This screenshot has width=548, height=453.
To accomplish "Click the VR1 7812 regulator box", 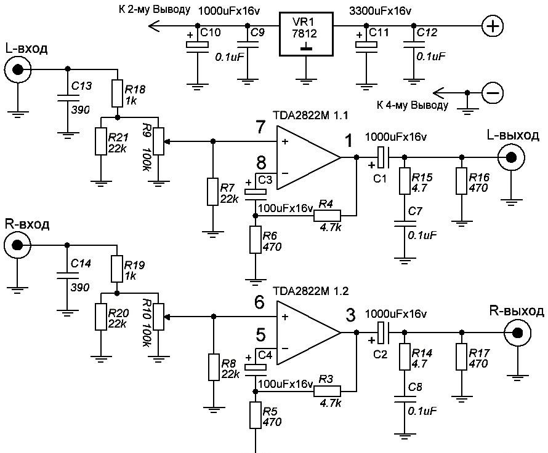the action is (306, 34).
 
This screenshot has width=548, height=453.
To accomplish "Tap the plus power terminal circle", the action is (493, 26).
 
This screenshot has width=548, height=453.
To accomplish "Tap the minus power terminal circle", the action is (493, 93).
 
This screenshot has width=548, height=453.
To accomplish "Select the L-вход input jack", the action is (17, 70).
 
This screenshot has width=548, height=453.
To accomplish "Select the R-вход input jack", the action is (17, 245).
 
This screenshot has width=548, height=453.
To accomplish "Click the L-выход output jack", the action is (511, 158).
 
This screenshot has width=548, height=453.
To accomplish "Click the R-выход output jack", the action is (517, 333).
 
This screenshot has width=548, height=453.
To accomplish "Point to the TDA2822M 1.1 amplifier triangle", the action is (308, 158).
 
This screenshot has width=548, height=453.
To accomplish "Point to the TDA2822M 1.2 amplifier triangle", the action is (308, 333).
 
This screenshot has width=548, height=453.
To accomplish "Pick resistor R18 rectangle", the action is (118, 93).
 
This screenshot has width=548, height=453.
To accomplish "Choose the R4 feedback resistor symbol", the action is (327, 216).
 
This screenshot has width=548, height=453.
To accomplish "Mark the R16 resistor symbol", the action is (461, 181).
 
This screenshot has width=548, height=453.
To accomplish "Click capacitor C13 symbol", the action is (68, 97).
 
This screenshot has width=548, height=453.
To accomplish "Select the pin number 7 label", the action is (260, 127).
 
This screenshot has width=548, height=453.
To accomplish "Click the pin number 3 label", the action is (350, 315).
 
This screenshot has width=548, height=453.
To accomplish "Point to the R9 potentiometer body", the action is (159, 141).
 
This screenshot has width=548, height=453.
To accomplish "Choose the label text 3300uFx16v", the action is (381, 11).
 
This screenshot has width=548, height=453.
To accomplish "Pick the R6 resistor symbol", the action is (256, 240).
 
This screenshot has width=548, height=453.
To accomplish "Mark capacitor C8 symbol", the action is (405, 399).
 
